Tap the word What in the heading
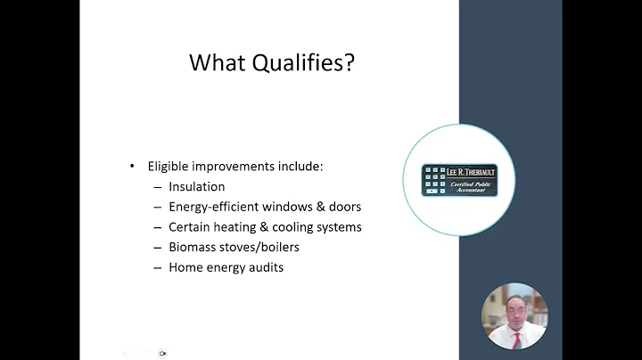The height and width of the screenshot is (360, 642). click(218, 62)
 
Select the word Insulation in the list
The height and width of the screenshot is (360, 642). click(196, 187)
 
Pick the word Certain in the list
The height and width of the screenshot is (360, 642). click(189, 227)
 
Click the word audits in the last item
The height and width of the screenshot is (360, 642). click(265, 267)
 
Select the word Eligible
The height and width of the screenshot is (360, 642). click(169, 167)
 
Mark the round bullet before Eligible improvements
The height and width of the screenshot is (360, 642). click(133, 167)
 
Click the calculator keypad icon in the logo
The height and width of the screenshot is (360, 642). click(435, 179)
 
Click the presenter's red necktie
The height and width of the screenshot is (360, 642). click(515, 337)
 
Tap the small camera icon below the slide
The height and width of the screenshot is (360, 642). click(162, 353)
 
